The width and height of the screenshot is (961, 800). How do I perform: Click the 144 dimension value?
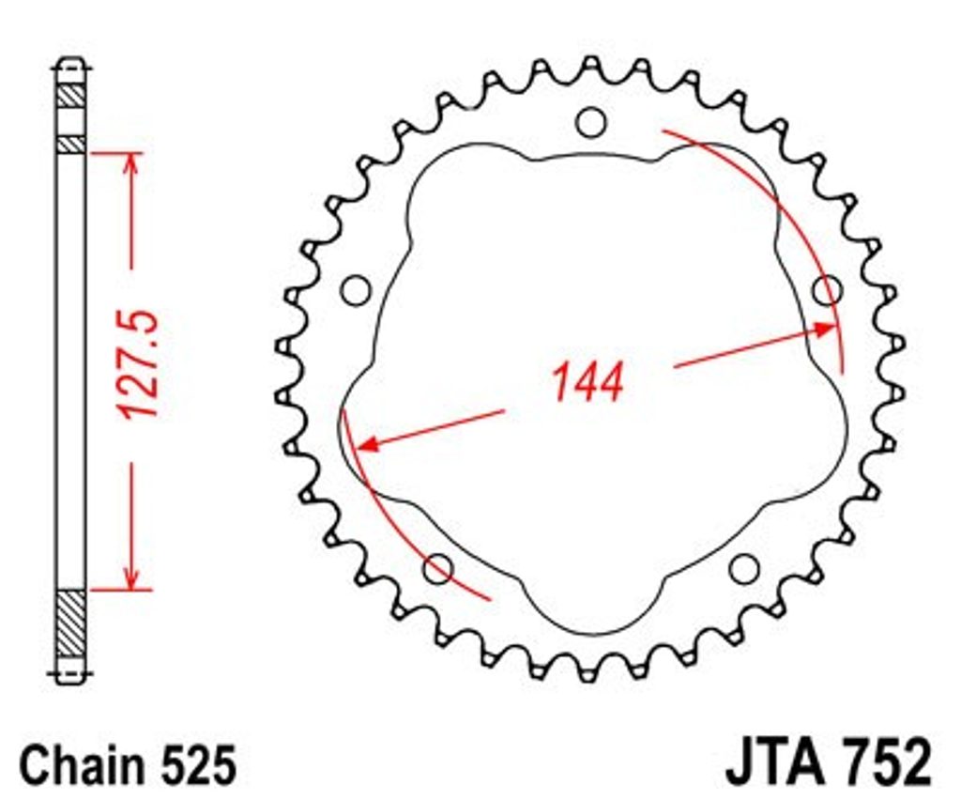click(x=587, y=381)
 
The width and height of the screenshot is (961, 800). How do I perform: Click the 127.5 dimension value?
click(x=141, y=365)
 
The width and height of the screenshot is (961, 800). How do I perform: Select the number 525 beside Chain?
click(x=198, y=765)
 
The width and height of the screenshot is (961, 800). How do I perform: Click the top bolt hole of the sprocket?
click(x=591, y=122)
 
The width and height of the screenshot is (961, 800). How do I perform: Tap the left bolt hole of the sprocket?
click(x=356, y=290)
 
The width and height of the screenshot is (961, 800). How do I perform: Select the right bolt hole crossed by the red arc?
click(x=828, y=290)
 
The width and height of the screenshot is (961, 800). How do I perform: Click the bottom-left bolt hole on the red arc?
click(x=439, y=569)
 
